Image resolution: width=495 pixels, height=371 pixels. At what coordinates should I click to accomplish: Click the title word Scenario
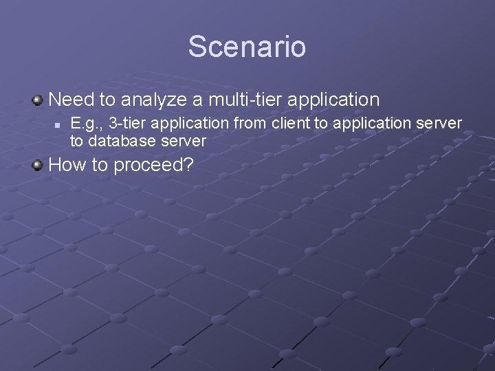247,47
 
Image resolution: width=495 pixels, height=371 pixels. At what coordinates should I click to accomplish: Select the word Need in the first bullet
72,100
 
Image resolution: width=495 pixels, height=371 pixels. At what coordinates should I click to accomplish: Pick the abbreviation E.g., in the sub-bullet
87,124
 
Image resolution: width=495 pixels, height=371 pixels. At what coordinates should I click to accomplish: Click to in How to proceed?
103,166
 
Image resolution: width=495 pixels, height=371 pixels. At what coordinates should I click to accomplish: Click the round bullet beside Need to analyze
38,100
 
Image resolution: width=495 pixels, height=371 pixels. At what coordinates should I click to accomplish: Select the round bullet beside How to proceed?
38,166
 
